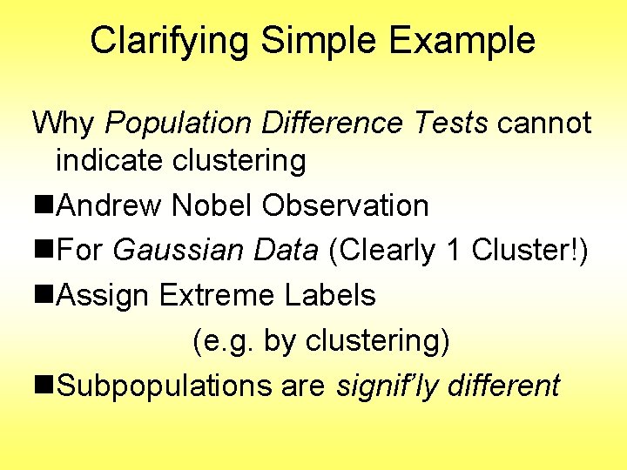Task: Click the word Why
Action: click(x=64, y=123)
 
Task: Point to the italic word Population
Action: click(x=179, y=123)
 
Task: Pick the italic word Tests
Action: click(x=450, y=123)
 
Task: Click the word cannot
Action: click(x=544, y=123)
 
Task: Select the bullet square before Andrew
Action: click(x=44, y=206)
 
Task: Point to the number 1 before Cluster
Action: click(x=452, y=251)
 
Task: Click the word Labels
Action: click(x=330, y=296)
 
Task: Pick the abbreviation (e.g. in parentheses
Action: click(x=223, y=341)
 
